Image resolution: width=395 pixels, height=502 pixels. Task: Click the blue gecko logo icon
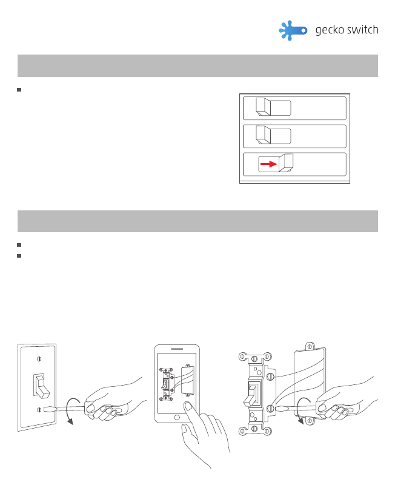tap(293, 31)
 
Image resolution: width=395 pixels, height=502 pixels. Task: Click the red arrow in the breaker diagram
tap(268, 164)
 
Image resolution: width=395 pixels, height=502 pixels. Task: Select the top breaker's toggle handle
tap(264, 107)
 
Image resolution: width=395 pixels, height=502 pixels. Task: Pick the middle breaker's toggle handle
tap(264, 135)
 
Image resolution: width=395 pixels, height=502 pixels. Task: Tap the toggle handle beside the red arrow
tap(285, 163)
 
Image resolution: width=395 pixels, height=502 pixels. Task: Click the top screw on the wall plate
tap(39, 358)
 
